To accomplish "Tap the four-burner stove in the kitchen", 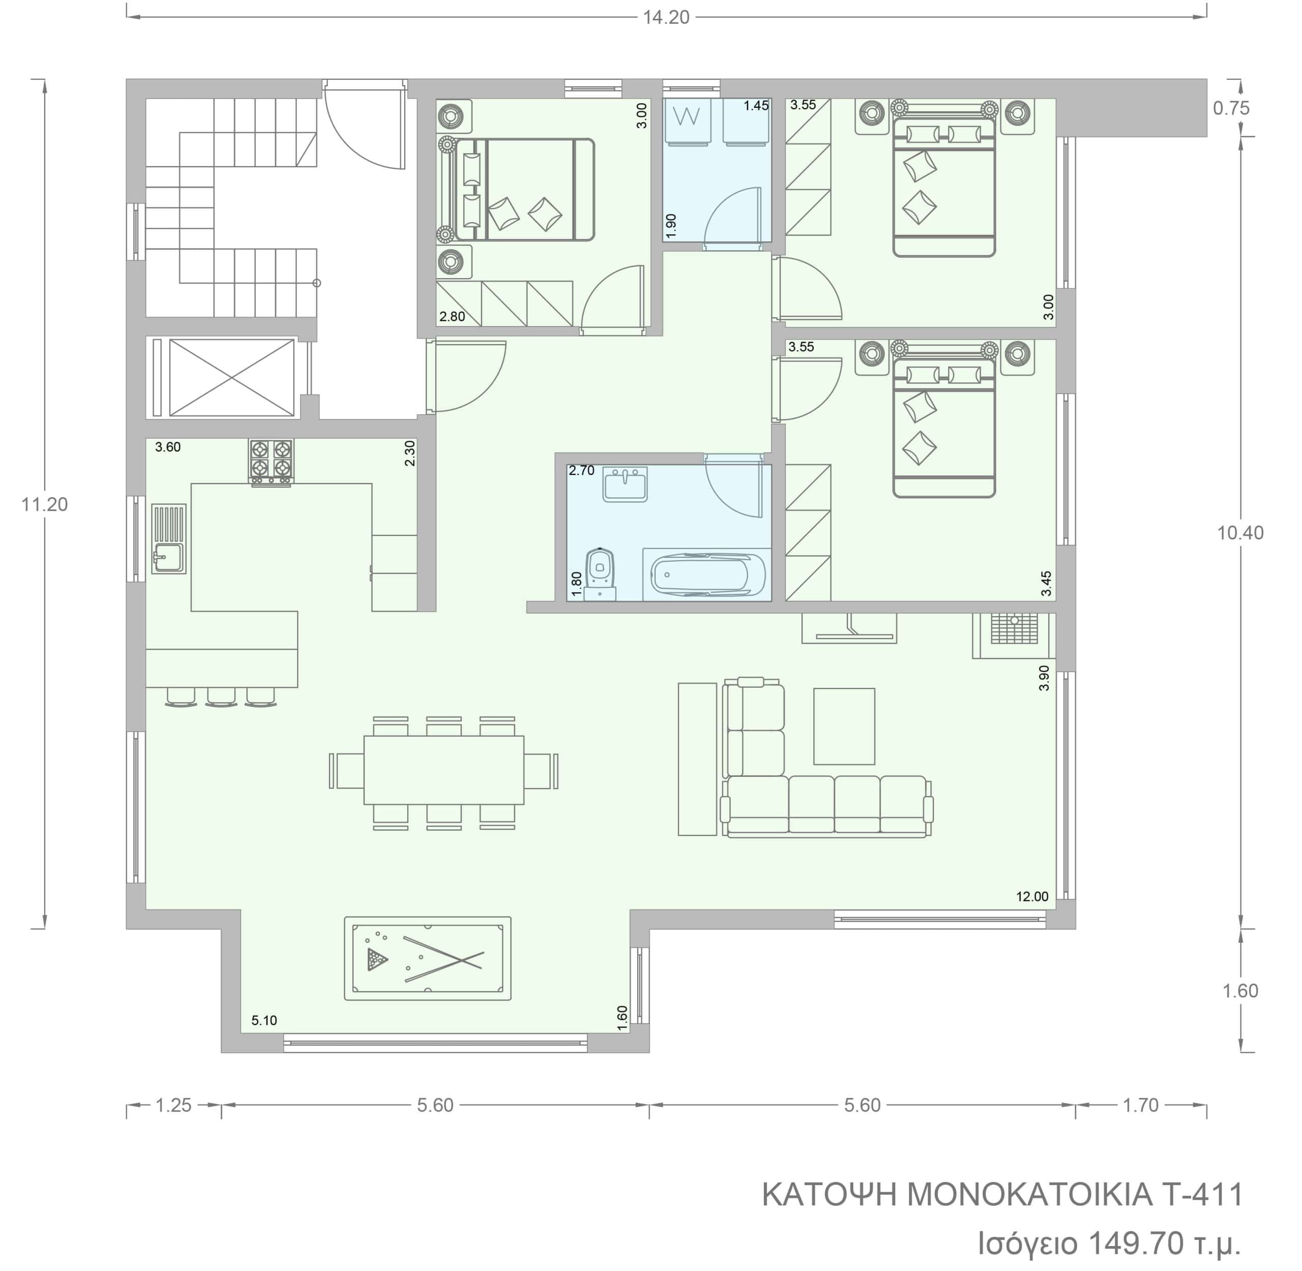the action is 271,461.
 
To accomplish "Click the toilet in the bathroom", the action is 600,574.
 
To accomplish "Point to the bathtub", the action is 707,574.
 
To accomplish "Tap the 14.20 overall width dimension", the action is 666,17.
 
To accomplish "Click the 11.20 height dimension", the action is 44,505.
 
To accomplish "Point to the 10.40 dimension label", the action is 1240,533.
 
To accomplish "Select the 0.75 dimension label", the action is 1231,108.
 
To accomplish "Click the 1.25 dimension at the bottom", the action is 173,1105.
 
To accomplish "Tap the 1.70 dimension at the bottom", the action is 1140,1105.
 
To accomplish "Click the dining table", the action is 444,770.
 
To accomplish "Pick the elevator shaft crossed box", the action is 232,377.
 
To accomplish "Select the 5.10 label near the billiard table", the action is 264,1020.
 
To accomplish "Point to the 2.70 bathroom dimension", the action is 581,471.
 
